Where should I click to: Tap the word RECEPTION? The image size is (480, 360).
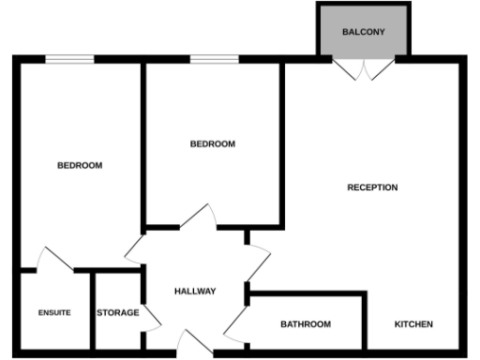372,187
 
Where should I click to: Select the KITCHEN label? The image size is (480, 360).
412,324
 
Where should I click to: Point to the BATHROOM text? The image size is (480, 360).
306,324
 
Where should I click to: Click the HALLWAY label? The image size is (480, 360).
195,292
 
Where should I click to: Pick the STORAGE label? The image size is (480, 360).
118,312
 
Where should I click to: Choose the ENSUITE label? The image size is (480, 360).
54,312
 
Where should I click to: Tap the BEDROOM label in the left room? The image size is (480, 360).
80,165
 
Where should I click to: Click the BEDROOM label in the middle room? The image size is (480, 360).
212,143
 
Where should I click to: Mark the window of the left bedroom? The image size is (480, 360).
70,60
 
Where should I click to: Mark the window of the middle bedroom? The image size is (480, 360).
213,60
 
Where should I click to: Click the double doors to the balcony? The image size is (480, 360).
364,68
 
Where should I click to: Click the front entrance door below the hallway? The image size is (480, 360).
196,344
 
